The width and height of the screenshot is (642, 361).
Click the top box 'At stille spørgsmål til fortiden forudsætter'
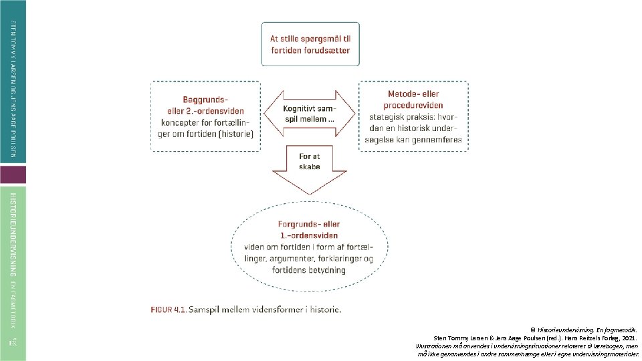(x=310, y=45)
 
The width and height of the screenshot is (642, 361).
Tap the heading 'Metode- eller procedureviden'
(x=413, y=100)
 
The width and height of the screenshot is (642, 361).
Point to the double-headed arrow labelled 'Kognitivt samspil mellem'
(x=310, y=113)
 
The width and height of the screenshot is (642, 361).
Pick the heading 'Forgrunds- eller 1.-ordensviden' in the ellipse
(x=309, y=230)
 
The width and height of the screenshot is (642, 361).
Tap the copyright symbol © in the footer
(x=533, y=330)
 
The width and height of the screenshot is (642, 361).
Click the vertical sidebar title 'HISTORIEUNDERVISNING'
(x=13, y=235)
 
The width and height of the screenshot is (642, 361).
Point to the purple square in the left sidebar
(x=13, y=175)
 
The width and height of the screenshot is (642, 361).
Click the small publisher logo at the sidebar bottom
(x=13, y=343)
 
